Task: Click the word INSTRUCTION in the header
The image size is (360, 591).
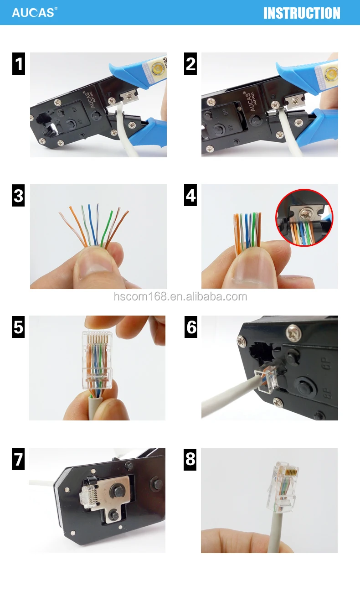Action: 302,13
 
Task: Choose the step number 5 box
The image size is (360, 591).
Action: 18,327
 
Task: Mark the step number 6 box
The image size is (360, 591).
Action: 190,327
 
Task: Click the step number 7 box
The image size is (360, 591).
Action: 18,459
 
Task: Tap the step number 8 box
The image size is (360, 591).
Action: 190,459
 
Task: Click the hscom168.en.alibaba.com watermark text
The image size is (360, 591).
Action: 180,297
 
